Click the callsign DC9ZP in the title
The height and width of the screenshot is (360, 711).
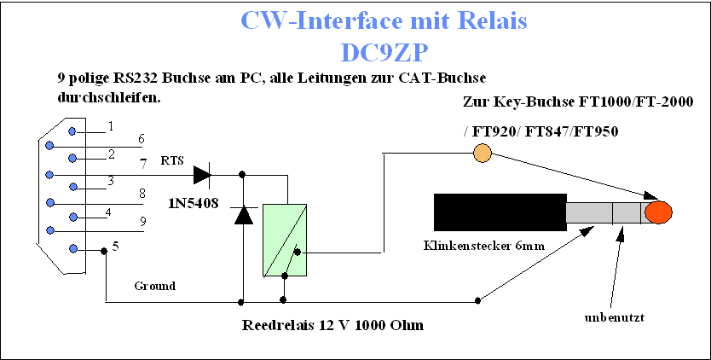click(x=384, y=53)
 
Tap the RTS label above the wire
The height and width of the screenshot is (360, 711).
click(x=172, y=160)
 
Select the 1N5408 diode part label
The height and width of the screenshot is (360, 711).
click(x=194, y=203)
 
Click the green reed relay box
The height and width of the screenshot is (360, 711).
click(x=284, y=241)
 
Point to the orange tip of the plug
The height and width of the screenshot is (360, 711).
click(x=658, y=212)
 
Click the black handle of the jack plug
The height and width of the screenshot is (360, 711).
click(x=500, y=212)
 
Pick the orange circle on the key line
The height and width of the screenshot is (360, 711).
click(x=482, y=153)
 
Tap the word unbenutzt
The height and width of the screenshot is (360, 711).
click(x=615, y=317)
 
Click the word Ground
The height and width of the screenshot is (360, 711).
click(x=154, y=286)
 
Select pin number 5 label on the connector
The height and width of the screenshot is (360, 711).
click(x=116, y=247)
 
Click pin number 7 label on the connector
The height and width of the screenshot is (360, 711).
click(x=143, y=163)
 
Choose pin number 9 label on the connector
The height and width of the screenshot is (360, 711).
click(x=143, y=222)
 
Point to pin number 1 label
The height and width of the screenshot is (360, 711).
click(x=111, y=126)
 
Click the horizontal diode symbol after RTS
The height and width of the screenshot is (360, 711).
click(x=202, y=175)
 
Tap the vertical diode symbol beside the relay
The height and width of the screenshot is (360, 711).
click(x=244, y=215)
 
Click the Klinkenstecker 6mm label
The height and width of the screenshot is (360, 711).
click(x=484, y=246)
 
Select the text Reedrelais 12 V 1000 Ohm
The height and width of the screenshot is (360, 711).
click(x=333, y=326)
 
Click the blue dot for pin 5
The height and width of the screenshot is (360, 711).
click(x=73, y=249)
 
